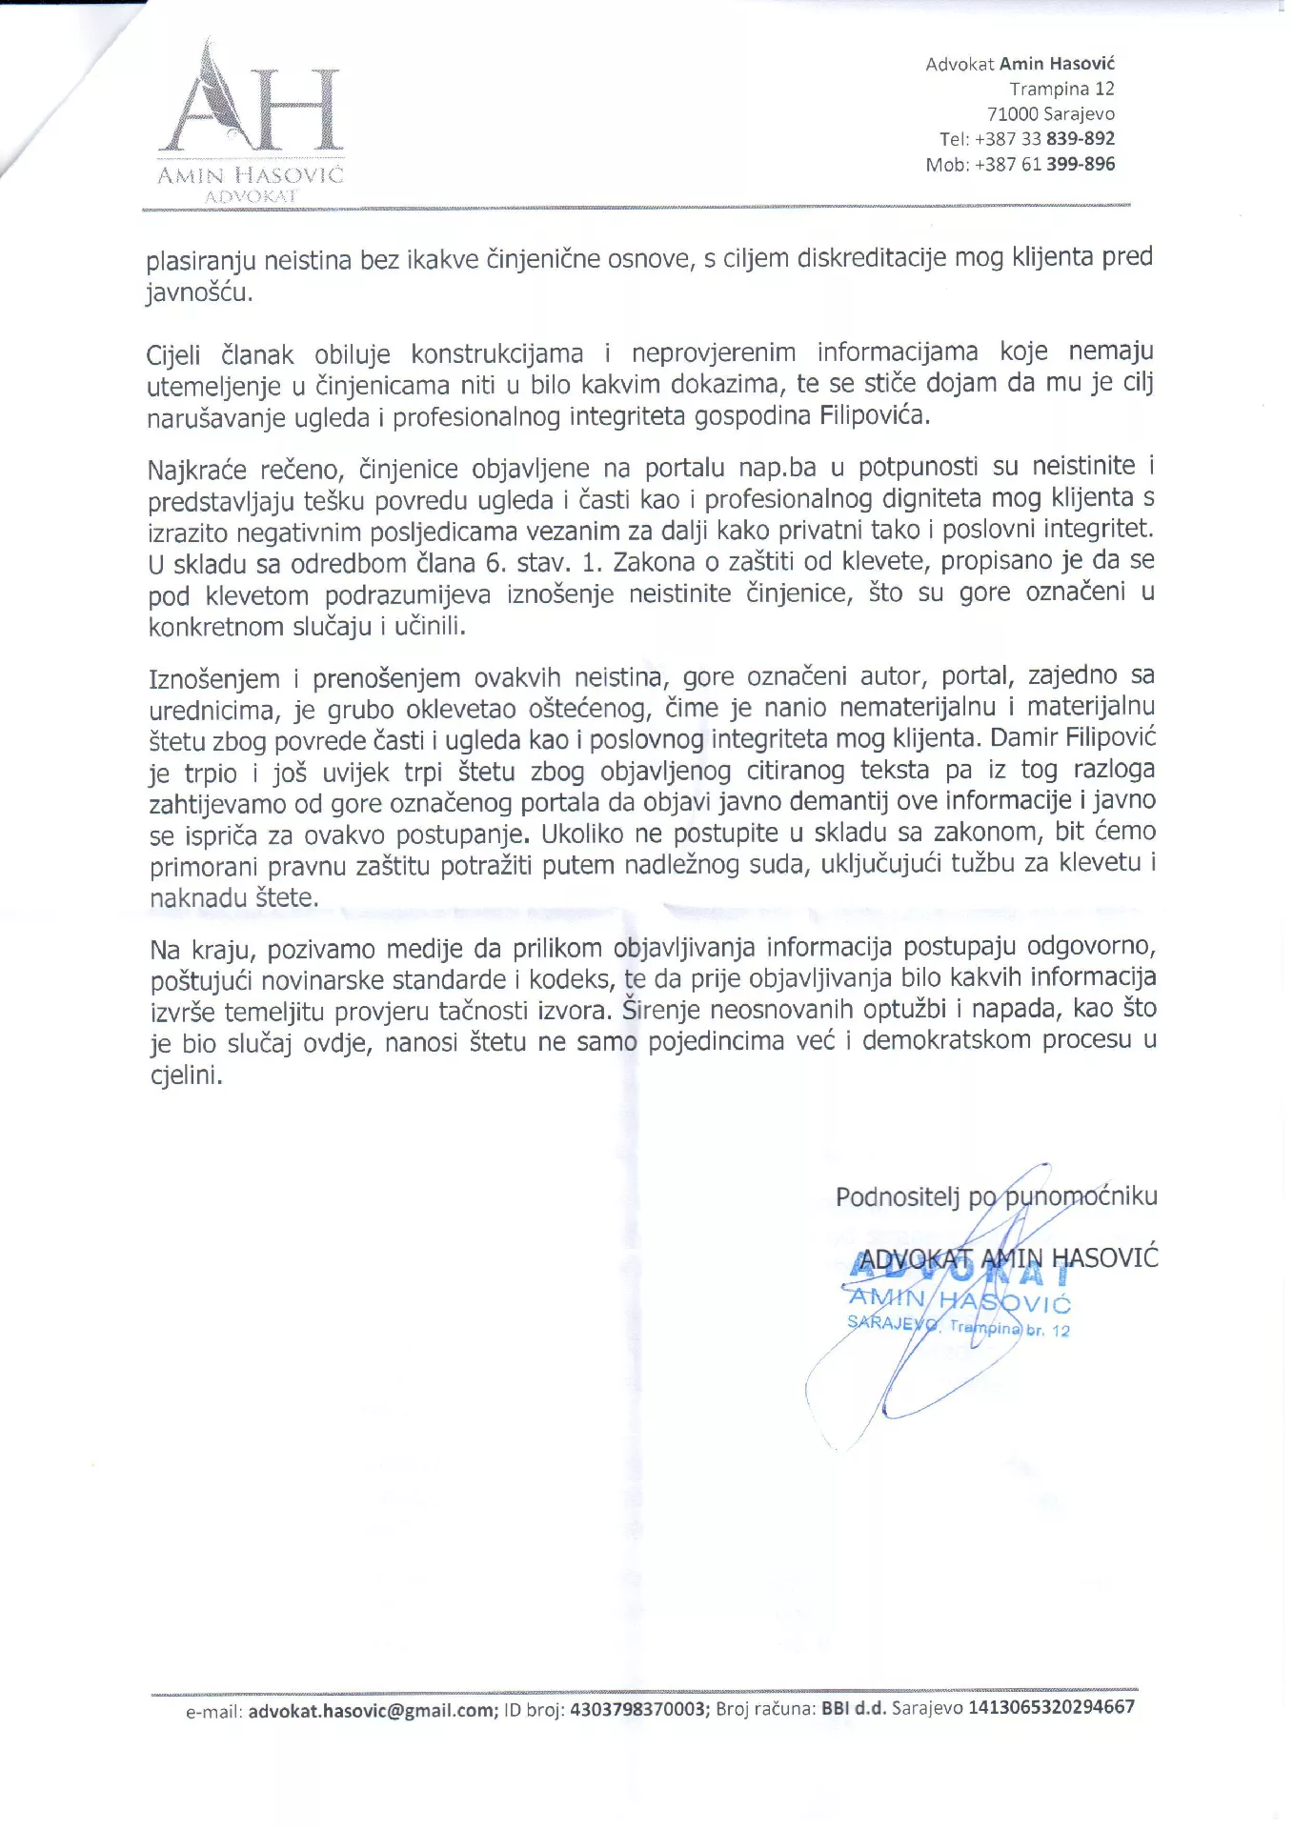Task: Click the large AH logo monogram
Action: tap(251, 105)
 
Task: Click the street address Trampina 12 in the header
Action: tap(1061, 89)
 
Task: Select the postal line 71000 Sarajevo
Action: tap(1050, 114)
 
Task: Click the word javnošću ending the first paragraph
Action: tap(199, 292)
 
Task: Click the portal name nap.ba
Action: tap(778, 468)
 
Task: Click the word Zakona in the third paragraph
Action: tap(654, 562)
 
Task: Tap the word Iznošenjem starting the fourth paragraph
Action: tap(214, 679)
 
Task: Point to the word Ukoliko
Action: tap(582, 834)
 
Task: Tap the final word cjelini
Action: tap(186, 1075)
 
